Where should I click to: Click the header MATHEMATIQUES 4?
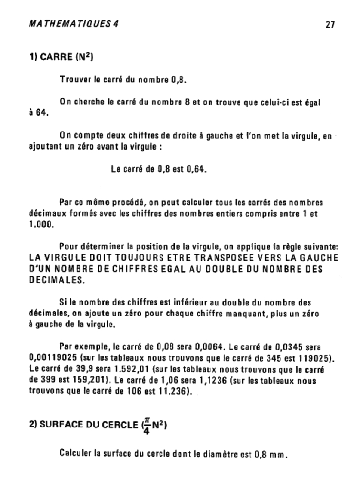point(74,23)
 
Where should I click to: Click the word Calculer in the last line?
point(76,453)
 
